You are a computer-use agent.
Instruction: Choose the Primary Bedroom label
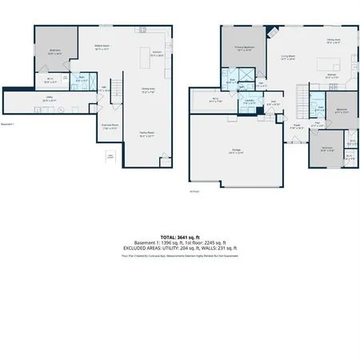click(x=244, y=48)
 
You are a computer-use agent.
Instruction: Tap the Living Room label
click(x=288, y=57)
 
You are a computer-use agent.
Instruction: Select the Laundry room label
click(x=250, y=102)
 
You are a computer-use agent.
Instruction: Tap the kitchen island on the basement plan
click(x=158, y=55)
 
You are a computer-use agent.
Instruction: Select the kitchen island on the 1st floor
click(x=328, y=62)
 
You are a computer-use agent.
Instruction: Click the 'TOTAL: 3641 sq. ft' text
click(x=179, y=238)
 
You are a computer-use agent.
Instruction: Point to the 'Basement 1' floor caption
click(x=9, y=124)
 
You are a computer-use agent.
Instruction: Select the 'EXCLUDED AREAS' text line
click(x=179, y=249)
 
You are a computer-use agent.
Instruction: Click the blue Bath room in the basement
click(x=80, y=80)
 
